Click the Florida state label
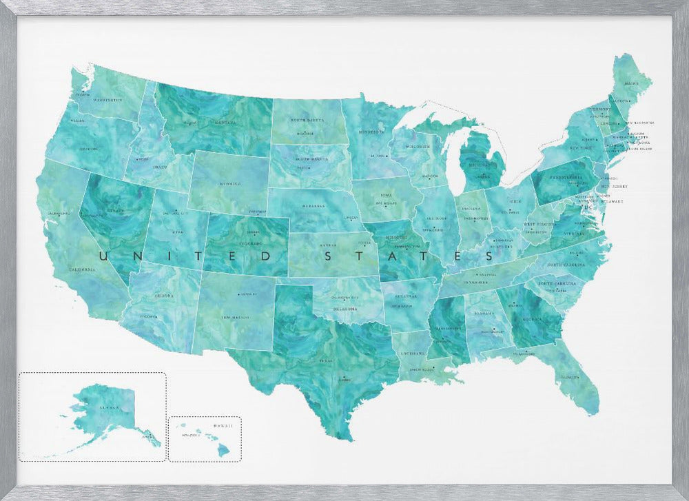[568, 377]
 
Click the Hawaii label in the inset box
[223, 426]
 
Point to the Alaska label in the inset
[109, 407]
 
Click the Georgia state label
[531, 320]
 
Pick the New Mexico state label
[234, 318]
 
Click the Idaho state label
[159, 167]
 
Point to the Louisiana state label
[413, 353]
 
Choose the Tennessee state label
[475, 281]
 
